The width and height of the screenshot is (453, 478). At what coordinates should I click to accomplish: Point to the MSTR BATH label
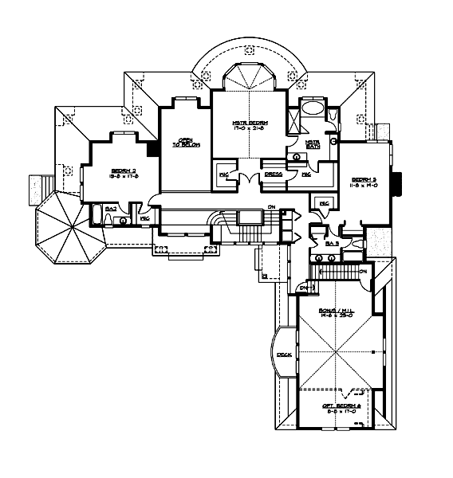point(313,144)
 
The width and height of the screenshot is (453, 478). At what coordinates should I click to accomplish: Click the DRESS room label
point(274,173)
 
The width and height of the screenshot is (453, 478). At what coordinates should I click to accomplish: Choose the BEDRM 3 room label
point(364,180)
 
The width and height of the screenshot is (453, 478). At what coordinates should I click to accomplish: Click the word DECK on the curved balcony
point(283,355)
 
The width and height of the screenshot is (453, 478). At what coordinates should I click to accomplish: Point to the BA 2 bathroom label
point(112,208)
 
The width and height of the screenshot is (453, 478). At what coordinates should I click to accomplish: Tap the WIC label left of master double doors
point(224,173)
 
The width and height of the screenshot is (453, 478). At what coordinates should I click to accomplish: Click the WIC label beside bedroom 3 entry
point(324,203)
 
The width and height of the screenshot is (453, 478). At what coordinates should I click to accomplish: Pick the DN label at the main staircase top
point(271,210)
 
